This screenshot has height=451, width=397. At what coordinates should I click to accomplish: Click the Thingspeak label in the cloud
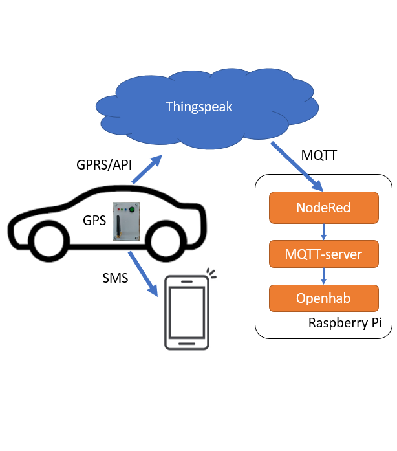click(x=198, y=107)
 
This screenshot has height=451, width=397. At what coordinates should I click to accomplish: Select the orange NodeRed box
click(x=323, y=208)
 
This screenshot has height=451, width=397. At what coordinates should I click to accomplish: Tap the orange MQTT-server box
click(x=323, y=254)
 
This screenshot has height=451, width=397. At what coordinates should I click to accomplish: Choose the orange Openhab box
click(x=323, y=298)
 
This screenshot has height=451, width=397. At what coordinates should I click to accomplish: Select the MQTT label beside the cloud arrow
click(x=319, y=156)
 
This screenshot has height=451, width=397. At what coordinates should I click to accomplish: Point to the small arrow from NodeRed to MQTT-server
click(x=323, y=231)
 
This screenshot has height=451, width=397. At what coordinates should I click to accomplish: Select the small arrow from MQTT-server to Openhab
click(x=323, y=276)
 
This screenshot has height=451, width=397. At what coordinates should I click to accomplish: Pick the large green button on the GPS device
click(x=132, y=209)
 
